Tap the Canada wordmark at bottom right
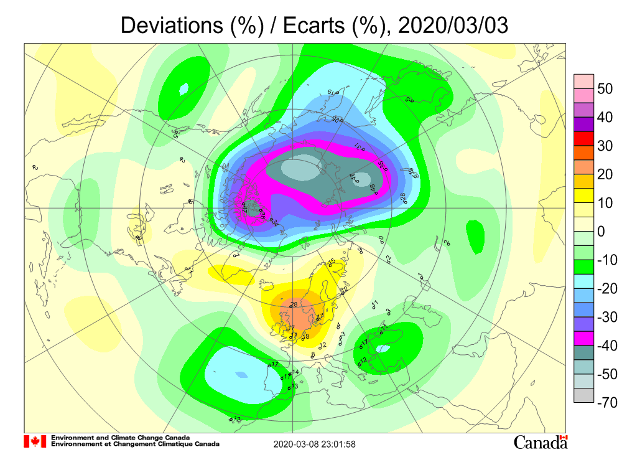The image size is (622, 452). click(540, 442)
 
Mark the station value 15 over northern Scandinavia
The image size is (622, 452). click(332, 261)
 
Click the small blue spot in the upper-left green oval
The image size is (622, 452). click(183, 89)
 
